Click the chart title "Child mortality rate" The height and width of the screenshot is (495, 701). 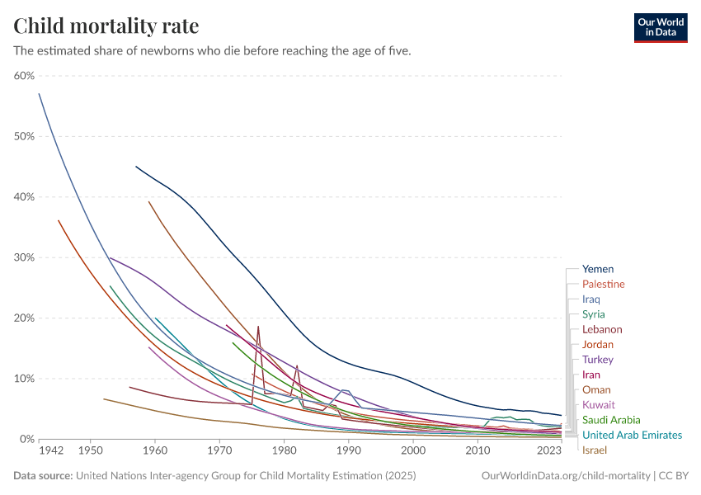[x=106, y=26]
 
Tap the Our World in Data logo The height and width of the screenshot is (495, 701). [x=660, y=27]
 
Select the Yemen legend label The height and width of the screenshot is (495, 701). [x=597, y=269]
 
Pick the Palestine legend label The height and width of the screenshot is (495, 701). [x=603, y=284]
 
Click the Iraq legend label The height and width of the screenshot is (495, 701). [x=590, y=299]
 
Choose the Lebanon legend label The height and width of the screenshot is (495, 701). [x=602, y=329]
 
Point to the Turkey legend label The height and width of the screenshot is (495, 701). [x=597, y=360]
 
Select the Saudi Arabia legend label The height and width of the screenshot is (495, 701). [x=610, y=420]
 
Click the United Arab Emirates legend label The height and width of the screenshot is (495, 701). [x=632, y=435]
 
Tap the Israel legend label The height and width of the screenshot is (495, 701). [x=594, y=450]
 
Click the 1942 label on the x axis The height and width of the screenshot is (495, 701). [x=51, y=451]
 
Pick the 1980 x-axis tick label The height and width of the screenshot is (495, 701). [x=284, y=451]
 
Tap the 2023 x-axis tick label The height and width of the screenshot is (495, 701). [x=548, y=451]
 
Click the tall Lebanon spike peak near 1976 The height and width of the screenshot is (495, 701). [x=258, y=327]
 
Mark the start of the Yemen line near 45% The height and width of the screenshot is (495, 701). [x=136, y=167]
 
